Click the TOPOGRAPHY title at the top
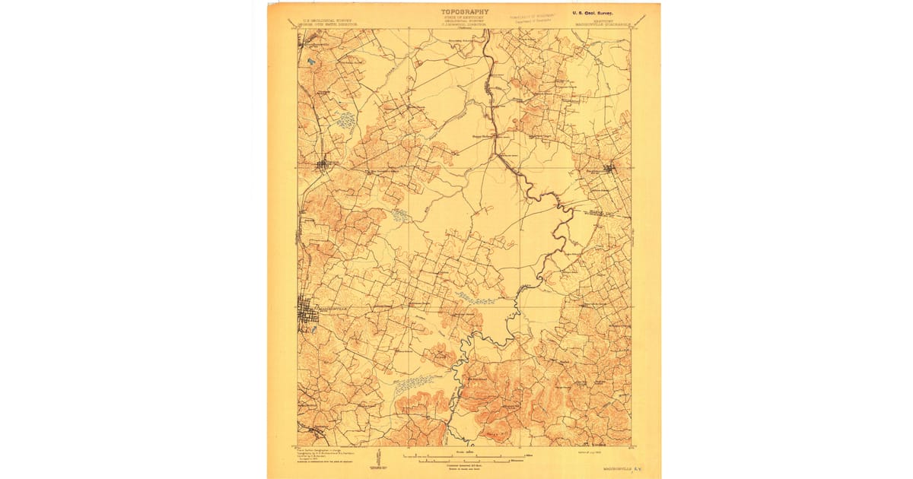tap(465, 12)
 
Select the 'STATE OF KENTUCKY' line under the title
tap(465, 18)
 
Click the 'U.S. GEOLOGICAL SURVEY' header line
tap(327, 21)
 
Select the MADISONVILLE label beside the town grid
tap(332, 309)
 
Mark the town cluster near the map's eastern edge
tap(609, 169)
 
